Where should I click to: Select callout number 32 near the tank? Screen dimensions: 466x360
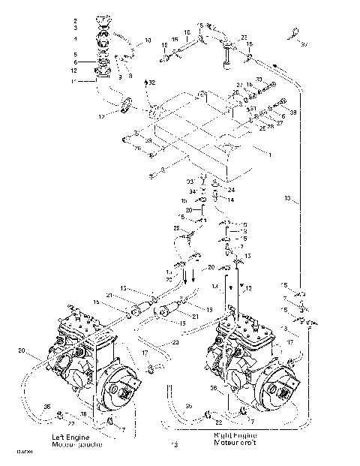click(x=153, y=80)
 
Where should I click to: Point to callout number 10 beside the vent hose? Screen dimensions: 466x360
click(x=147, y=39)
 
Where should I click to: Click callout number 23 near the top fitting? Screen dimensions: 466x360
click(x=244, y=37)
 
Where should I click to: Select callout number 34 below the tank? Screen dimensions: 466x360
click(x=192, y=192)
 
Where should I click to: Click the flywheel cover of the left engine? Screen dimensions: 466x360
click(x=120, y=389)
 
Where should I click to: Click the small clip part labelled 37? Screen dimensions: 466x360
click(x=293, y=32)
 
